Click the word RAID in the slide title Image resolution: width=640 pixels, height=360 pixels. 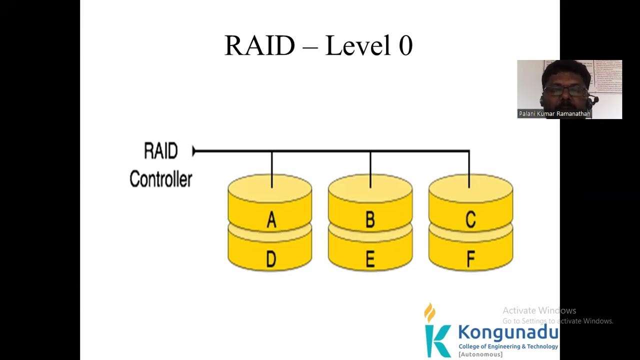pos(259,46)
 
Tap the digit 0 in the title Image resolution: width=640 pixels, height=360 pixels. pos(405,46)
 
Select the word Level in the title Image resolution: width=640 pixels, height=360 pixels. pos(356,46)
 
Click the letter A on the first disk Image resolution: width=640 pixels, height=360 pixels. pos(271,219)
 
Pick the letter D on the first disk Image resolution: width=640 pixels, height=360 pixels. pos(270,259)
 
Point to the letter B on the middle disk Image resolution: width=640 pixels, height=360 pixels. pos(370,219)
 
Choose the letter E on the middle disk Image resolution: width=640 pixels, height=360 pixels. pos(370,259)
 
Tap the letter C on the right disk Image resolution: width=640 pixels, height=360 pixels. pos(470,219)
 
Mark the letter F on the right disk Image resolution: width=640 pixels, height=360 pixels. pos(470,259)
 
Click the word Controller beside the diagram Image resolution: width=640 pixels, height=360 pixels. pos(160,179)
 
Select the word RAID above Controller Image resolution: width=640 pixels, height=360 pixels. pos(160,151)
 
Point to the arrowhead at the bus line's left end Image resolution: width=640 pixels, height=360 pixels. pos(194,151)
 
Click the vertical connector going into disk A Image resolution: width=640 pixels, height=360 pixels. pos(271,169)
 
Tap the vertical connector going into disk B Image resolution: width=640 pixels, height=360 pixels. pos(370,169)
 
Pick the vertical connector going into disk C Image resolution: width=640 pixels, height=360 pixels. pos(469,169)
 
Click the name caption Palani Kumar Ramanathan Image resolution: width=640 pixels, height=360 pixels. pos(554,114)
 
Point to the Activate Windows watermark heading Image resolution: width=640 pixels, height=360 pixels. pos(539,310)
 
